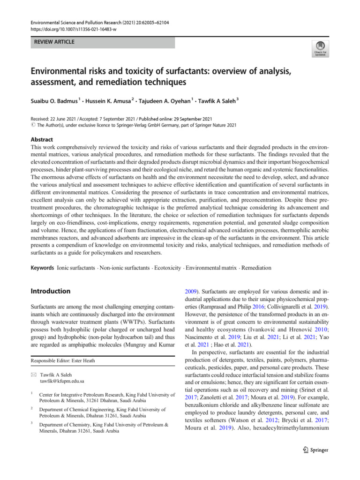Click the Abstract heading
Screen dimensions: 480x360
point(42,140)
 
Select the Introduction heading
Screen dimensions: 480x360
point(51,291)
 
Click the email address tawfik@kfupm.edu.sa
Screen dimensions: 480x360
point(62,381)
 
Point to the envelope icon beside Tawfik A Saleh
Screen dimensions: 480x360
point(34,374)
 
